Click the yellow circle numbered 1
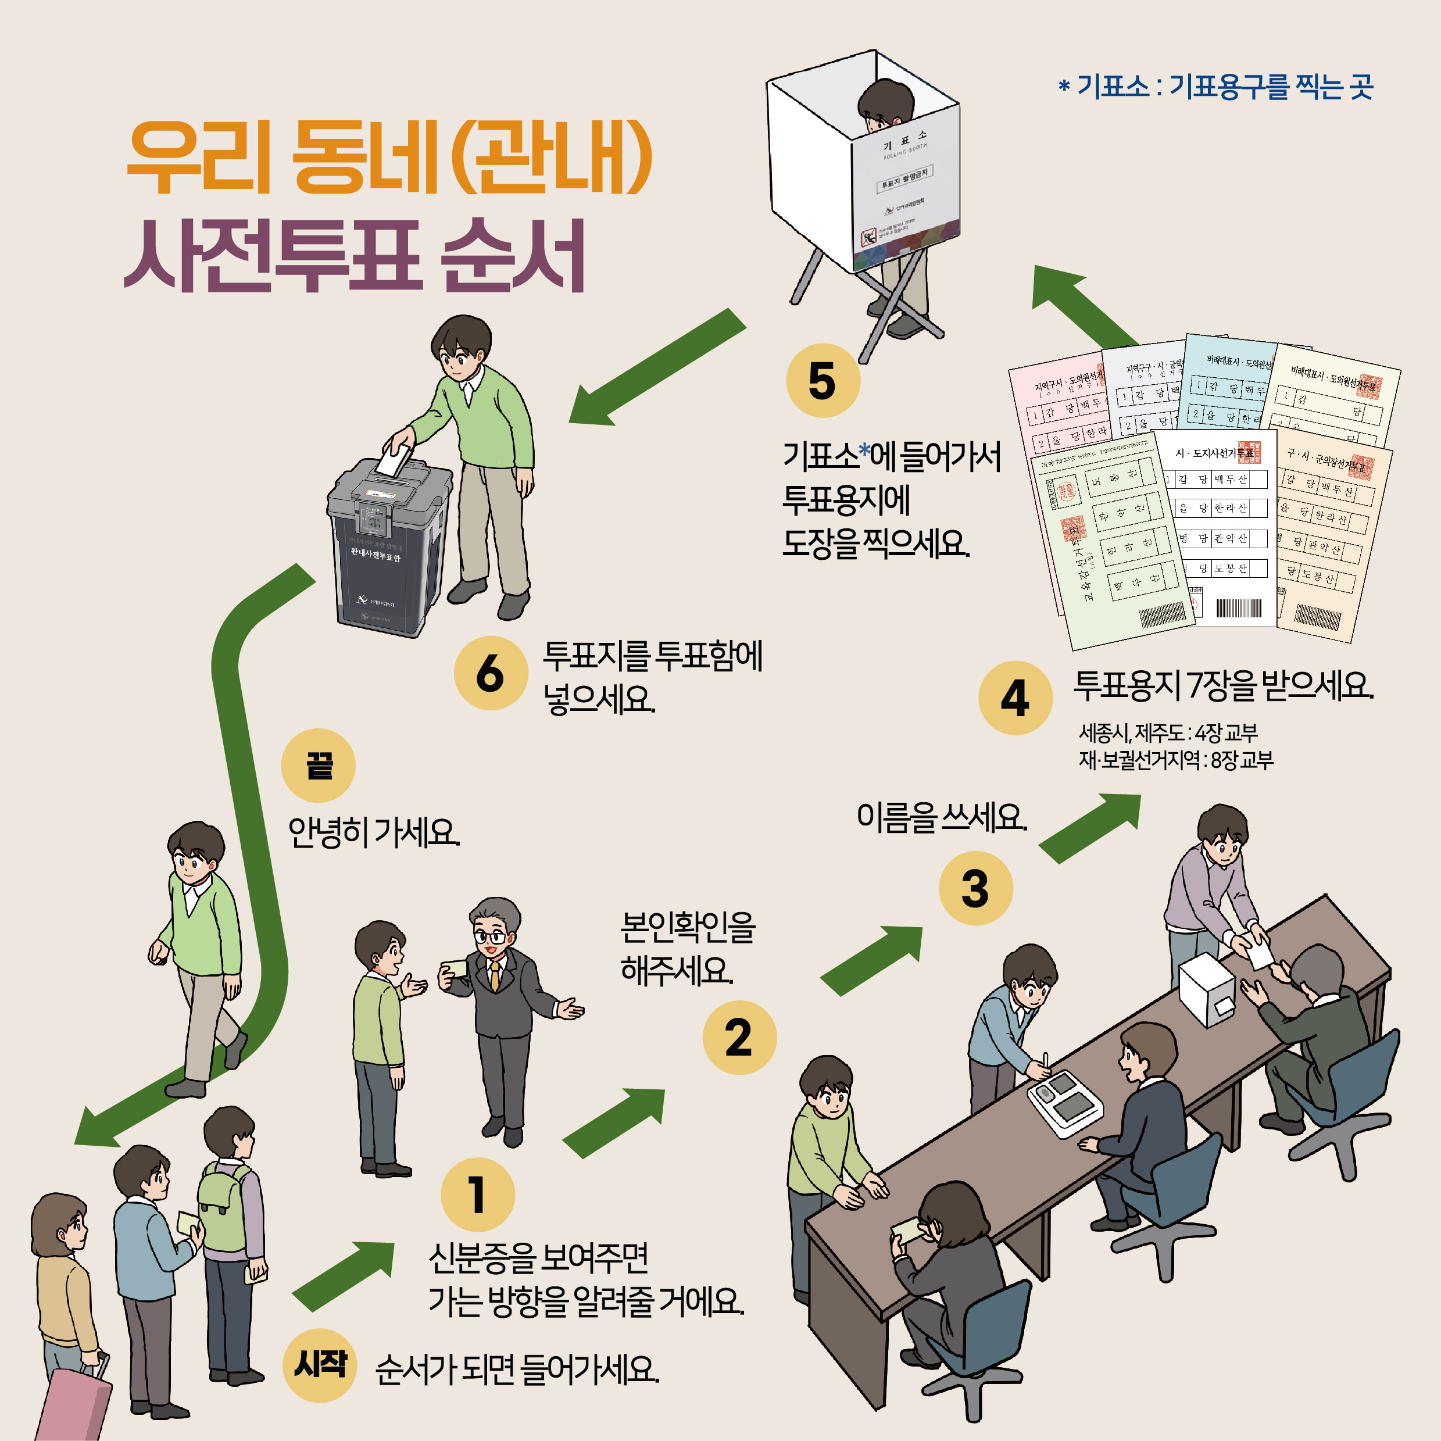coord(477,1194)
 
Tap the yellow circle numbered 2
coord(739,1038)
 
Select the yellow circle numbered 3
coord(975,888)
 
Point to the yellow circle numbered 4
coord(1015,698)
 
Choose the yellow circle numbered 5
coord(823,380)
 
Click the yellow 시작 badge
coord(320,1365)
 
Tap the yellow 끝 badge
coord(319,766)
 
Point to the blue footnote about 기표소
coord(1215,87)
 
